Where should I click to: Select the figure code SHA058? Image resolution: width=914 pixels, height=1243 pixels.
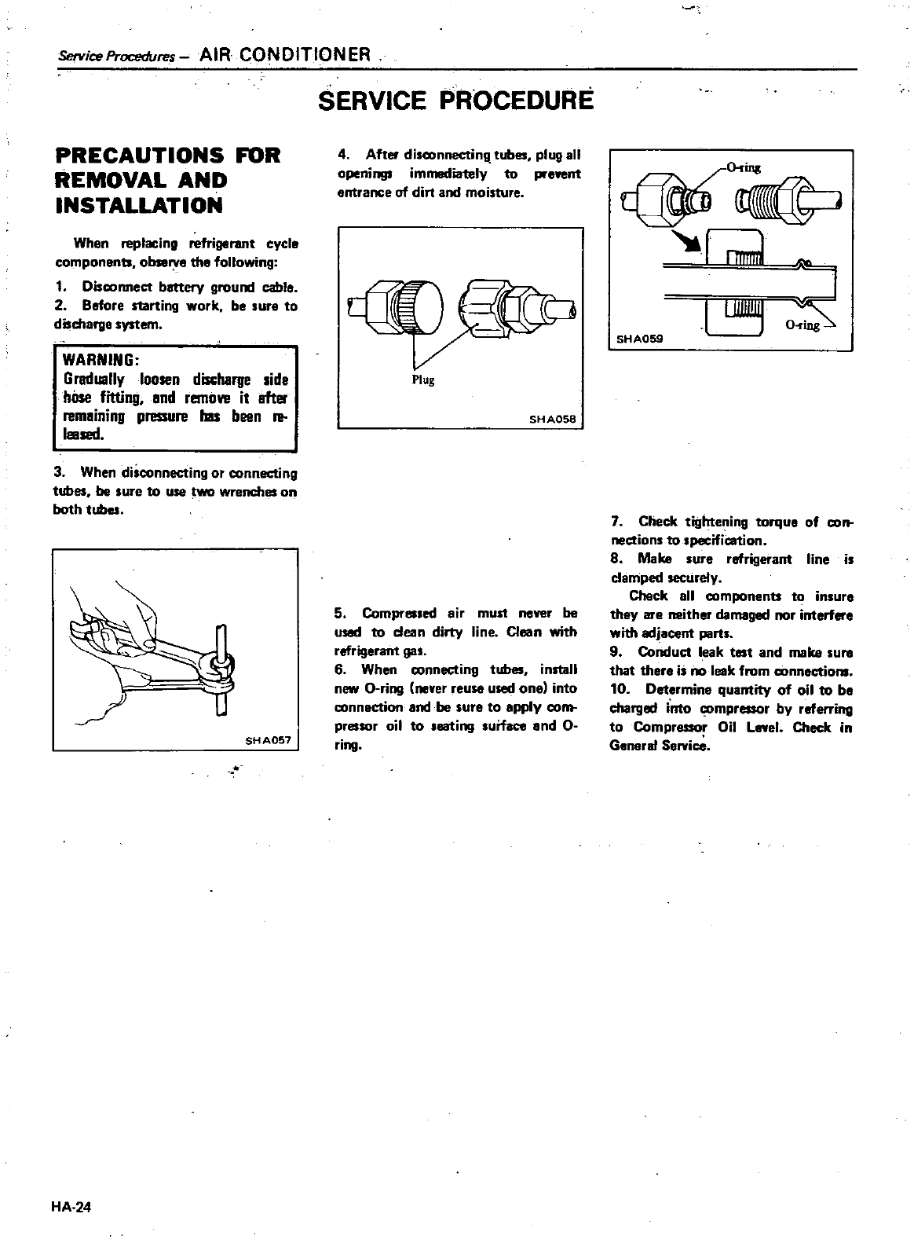click(553, 419)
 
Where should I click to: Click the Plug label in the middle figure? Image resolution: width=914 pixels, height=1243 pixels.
click(423, 380)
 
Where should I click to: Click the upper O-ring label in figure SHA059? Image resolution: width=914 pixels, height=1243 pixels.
click(744, 167)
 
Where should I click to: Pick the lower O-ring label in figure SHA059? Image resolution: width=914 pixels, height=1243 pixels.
click(801, 325)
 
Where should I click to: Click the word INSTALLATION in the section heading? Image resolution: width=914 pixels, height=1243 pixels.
click(139, 206)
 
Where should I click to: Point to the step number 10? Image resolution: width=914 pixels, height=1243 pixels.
click(620, 690)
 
